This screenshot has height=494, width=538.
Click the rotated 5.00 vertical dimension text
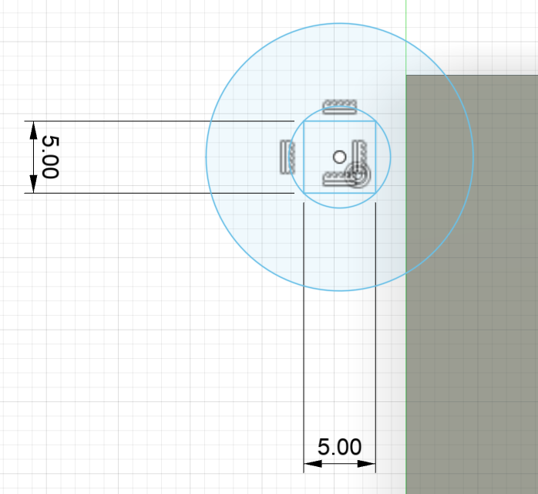click(x=50, y=157)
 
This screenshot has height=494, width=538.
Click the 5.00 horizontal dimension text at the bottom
click(x=339, y=447)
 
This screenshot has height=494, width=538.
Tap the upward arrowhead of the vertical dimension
click(x=33, y=130)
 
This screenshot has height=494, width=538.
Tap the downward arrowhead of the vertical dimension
click(x=33, y=184)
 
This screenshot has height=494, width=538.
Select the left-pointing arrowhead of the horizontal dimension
click(x=313, y=464)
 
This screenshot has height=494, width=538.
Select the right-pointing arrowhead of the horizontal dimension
click(x=366, y=464)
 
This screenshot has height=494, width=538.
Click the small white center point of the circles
click(x=340, y=157)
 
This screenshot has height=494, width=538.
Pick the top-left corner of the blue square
click(x=304, y=121)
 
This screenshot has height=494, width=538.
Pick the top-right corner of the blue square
click(x=375, y=121)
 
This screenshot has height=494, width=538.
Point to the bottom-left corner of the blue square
click(x=304, y=193)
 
